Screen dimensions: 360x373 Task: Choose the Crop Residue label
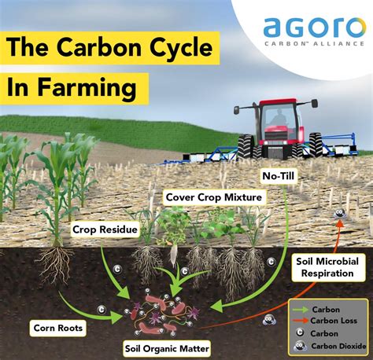[107, 230]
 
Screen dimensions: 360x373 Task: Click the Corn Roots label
[60, 325]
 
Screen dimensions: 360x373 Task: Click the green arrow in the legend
[301, 308]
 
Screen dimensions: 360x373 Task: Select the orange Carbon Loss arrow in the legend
[301, 320]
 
